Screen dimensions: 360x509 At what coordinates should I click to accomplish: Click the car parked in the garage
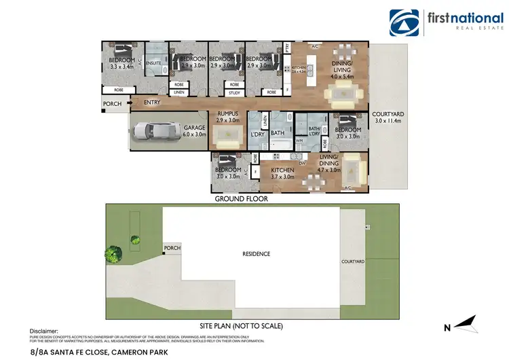point(154,130)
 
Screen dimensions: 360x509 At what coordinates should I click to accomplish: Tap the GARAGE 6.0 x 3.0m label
point(195,131)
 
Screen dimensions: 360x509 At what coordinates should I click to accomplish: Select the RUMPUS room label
point(225,117)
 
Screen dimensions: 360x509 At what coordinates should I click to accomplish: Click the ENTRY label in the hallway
point(152,103)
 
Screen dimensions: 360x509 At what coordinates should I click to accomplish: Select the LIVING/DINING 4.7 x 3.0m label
point(348,167)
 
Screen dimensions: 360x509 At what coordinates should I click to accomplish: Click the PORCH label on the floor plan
point(112,104)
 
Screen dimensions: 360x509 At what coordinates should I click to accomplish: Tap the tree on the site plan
point(113,254)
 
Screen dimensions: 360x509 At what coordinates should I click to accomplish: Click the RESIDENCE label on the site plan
point(257,254)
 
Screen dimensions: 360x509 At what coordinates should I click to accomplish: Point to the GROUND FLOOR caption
point(241,199)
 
